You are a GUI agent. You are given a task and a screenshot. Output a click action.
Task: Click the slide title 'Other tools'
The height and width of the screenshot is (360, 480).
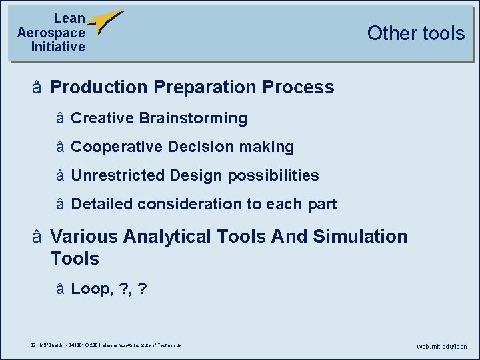[415, 33]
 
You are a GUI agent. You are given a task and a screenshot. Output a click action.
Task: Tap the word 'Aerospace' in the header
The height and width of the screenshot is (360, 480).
[51, 33]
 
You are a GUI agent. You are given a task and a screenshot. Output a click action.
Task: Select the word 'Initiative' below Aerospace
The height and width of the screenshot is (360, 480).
[58, 47]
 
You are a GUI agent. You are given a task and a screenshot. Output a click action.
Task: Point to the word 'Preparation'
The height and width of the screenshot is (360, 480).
[205, 87]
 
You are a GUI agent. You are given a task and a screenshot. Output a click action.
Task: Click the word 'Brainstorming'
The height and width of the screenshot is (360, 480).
[193, 119]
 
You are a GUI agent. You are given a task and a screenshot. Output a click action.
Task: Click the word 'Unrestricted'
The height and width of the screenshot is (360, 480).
[118, 175]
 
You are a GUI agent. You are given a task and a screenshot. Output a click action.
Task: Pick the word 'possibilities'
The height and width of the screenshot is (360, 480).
[273, 176]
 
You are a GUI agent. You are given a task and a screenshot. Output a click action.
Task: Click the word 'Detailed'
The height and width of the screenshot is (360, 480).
[101, 204]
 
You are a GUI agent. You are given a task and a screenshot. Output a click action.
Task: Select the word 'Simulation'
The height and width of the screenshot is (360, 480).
[360, 237]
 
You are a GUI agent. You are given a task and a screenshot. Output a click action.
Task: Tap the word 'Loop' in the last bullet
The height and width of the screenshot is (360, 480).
[89, 289]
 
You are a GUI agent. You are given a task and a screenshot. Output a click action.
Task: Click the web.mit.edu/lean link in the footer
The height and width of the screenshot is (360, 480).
[442, 347]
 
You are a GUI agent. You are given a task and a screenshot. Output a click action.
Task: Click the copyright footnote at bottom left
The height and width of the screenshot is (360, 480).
[101, 345]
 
